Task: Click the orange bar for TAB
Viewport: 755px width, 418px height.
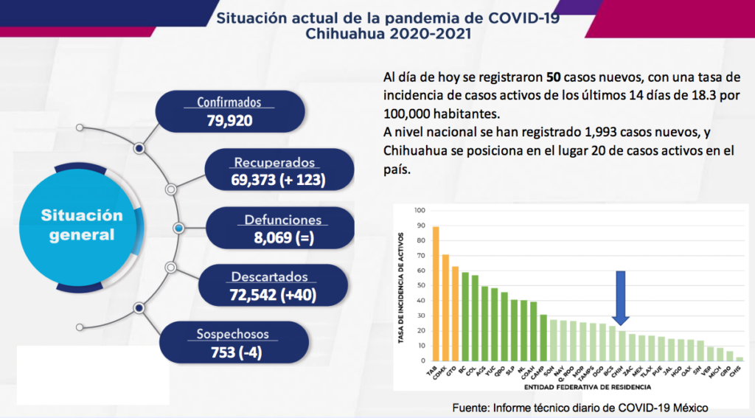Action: coord(436,293)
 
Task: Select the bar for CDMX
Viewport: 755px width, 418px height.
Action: coord(445,307)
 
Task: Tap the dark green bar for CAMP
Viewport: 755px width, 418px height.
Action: coord(543,338)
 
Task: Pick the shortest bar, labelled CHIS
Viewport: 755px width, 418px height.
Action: coord(740,359)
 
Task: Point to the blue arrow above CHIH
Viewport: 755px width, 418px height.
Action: coord(621,298)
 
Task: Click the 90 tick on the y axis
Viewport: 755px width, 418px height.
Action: coord(421,226)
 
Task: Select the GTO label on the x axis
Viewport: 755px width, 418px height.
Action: coord(451,372)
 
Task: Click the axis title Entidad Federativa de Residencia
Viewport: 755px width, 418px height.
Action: coord(588,387)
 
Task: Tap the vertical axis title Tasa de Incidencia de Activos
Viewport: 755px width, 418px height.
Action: coord(400,288)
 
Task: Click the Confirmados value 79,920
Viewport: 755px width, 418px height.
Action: coord(230,120)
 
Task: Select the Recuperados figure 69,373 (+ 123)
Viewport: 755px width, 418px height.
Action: coord(278,180)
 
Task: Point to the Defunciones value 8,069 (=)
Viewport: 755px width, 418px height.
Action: coord(284,237)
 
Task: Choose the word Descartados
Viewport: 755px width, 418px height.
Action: coord(269,277)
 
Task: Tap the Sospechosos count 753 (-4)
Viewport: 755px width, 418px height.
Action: coord(237,352)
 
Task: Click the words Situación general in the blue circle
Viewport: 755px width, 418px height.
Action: coord(82,225)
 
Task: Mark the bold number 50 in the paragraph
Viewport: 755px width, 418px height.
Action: coord(553,77)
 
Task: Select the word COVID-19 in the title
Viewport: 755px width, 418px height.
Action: coord(524,18)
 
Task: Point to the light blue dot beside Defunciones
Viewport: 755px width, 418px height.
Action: coord(178,228)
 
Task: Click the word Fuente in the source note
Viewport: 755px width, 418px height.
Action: coord(470,408)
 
